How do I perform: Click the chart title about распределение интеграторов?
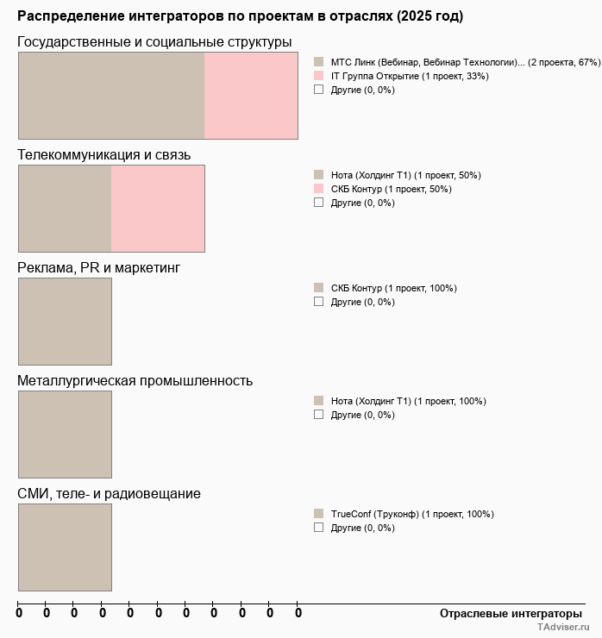click(x=240, y=16)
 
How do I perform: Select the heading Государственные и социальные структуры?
click(x=154, y=42)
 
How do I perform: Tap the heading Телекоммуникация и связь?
click(x=104, y=155)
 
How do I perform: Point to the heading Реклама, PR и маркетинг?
click(x=99, y=268)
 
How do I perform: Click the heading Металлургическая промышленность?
click(x=135, y=381)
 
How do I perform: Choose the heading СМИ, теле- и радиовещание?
click(x=110, y=494)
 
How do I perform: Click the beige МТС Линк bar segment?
click(x=111, y=96)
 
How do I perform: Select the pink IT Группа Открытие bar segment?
click(x=251, y=96)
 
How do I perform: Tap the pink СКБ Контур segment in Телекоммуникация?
click(x=158, y=209)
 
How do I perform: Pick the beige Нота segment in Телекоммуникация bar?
click(x=65, y=209)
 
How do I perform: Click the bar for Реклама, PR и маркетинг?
click(x=65, y=322)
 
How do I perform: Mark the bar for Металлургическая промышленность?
click(x=65, y=435)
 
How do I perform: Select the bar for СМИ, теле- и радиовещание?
click(x=65, y=547)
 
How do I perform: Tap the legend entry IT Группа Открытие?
click(x=410, y=76)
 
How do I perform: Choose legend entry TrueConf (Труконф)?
click(x=412, y=514)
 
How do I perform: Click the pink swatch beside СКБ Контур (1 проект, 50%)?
click(x=318, y=189)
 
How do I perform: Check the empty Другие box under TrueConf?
click(x=318, y=528)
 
